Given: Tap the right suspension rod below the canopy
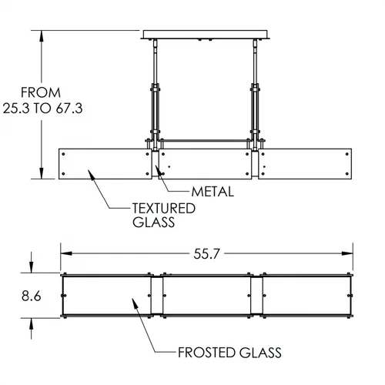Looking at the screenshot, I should (256, 62).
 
